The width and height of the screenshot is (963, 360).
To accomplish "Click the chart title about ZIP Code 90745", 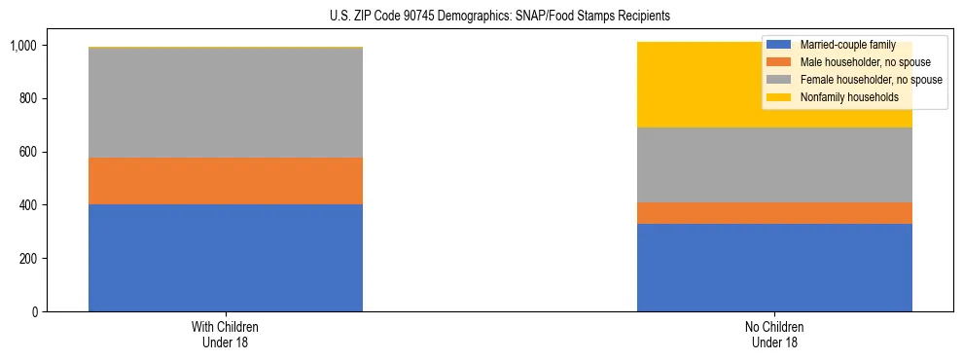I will (481, 17).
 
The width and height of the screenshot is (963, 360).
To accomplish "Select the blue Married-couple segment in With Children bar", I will (226, 258).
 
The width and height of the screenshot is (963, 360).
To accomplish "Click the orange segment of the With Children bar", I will (226, 181).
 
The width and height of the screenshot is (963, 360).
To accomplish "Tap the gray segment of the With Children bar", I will (226, 103).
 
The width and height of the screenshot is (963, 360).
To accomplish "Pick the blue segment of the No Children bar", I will (774, 268).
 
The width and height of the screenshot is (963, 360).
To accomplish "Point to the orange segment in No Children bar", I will (774, 213).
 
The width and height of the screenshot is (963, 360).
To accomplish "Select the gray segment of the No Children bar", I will (774, 164).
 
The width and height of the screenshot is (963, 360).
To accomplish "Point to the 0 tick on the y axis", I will (33, 312).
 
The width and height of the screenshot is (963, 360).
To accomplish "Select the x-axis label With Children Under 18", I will (226, 335).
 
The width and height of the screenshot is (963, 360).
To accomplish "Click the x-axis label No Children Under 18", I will (774, 335).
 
